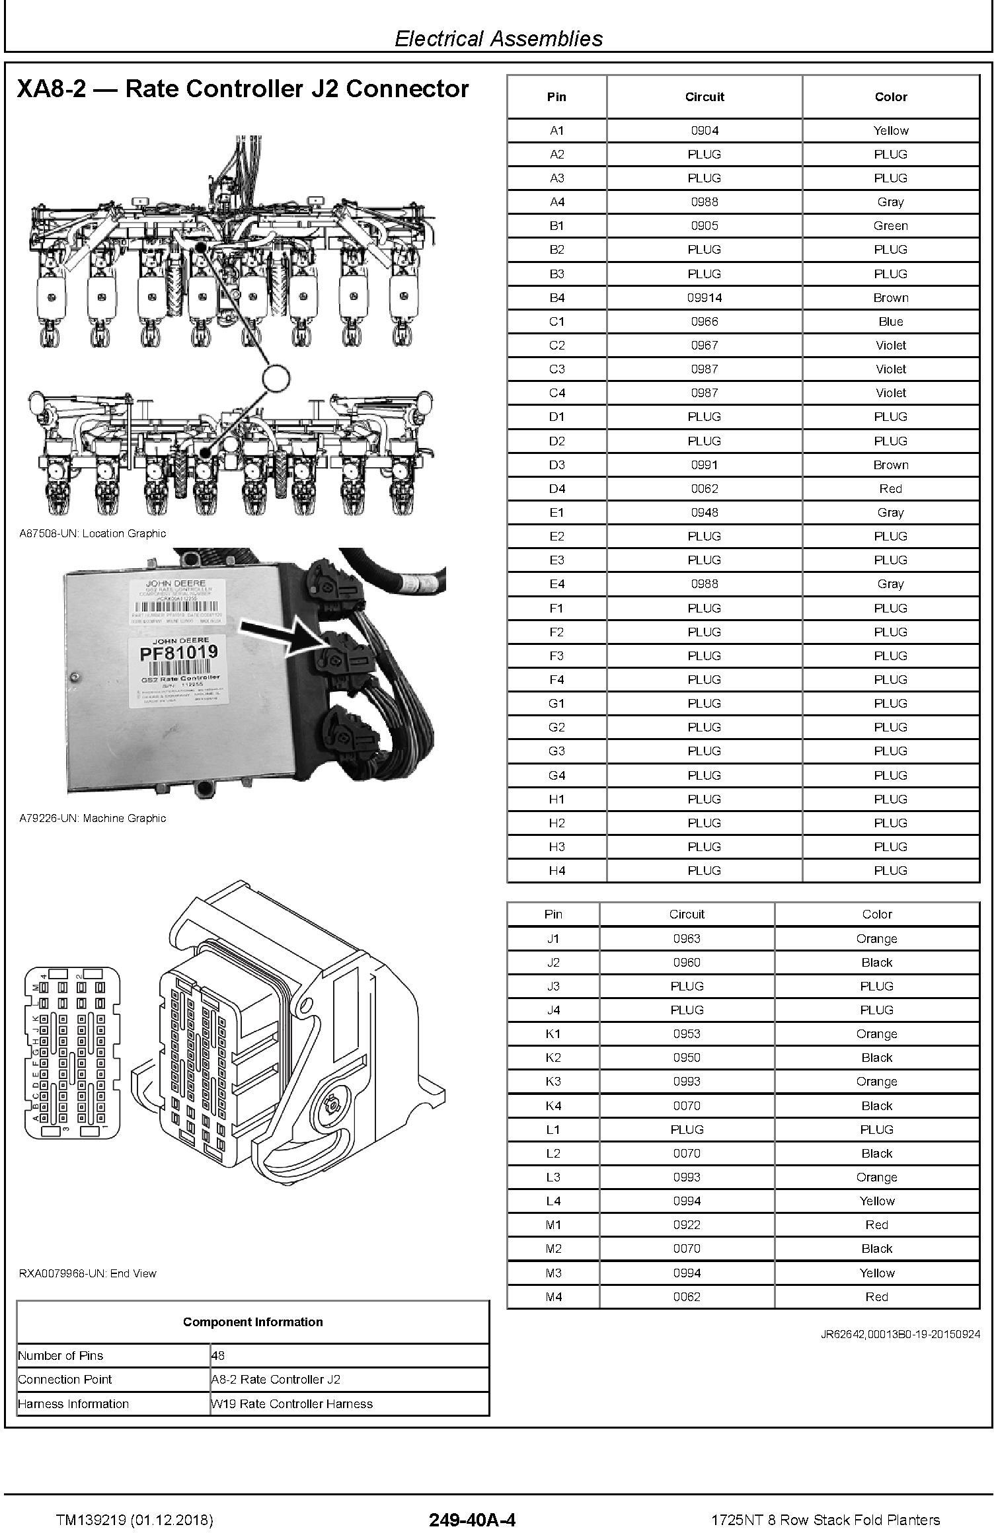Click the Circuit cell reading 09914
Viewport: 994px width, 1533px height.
pos(704,298)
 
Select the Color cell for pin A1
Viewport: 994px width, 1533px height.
pos(890,131)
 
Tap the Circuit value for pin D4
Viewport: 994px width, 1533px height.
pos(704,489)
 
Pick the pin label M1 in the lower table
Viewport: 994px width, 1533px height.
pos(553,1224)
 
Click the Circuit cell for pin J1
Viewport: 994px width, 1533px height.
pos(687,938)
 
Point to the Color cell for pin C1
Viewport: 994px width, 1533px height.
pos(890,322)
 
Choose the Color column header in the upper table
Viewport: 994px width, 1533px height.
pos(890,97)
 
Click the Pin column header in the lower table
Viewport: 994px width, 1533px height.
pos(553,914)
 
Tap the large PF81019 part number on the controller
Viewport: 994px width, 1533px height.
pos(178,654)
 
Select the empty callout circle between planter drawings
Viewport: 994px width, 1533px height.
pos(276,378)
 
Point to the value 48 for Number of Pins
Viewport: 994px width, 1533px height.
pos(218,1356)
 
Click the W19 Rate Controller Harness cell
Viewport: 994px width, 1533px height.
pos(291,1403)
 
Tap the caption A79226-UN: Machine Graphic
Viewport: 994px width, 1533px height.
pos(93,818)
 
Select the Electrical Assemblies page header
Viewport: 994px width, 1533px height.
pos(498,39)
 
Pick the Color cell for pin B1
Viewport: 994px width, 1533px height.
pos(890,226)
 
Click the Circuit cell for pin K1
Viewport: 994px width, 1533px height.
pos(687,1033)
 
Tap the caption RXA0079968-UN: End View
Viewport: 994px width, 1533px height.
pos(88,1273)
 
